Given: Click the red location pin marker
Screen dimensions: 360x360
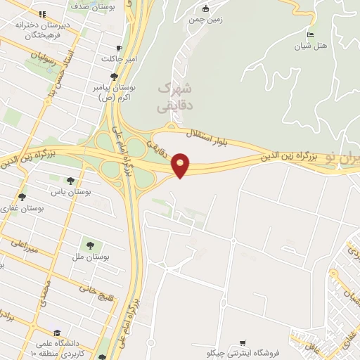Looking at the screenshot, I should point(181,165).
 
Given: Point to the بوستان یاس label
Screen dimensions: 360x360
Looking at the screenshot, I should point(68,192).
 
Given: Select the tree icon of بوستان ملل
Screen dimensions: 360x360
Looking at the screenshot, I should point(90,245).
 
